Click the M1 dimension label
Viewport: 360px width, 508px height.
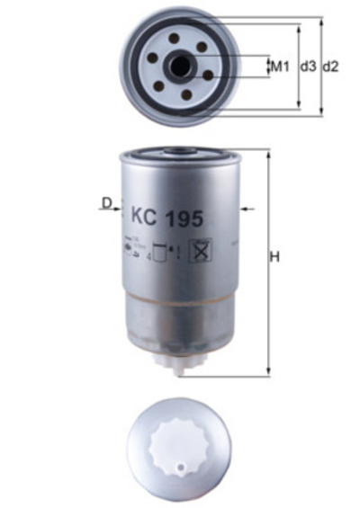(280, 67)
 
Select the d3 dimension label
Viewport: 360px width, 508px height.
(307, 67)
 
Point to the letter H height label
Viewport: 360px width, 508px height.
(275, 258)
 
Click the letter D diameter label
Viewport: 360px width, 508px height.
(105, 204)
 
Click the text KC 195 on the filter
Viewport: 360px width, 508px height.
(167, 217)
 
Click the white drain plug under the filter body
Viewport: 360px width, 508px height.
(179, 363)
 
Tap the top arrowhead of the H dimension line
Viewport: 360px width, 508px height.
(268, 154)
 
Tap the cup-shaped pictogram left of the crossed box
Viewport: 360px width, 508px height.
(161, 252)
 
